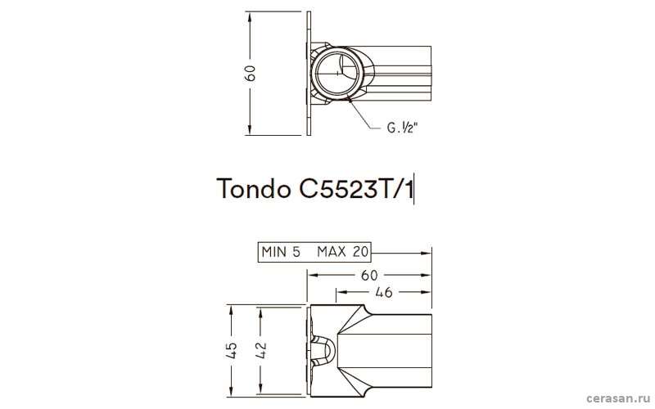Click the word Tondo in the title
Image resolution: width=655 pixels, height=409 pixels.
tap(254, 189)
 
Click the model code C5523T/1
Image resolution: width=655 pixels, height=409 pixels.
tap(356, 189)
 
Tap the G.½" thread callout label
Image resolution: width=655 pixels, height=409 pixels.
tap(402, 128)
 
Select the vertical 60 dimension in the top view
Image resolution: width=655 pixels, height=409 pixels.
tap(251, 73)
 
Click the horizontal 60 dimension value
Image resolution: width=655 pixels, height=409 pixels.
tap(369, 276)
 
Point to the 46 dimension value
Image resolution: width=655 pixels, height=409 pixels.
tap(383, 293)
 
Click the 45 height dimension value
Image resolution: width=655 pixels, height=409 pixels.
tap(231, 351)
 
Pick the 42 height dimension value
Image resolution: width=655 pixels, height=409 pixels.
tap(260, 351)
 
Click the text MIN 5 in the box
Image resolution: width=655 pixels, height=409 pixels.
tap(281, 252)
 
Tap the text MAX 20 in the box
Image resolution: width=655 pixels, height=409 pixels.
tap(342, 252)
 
